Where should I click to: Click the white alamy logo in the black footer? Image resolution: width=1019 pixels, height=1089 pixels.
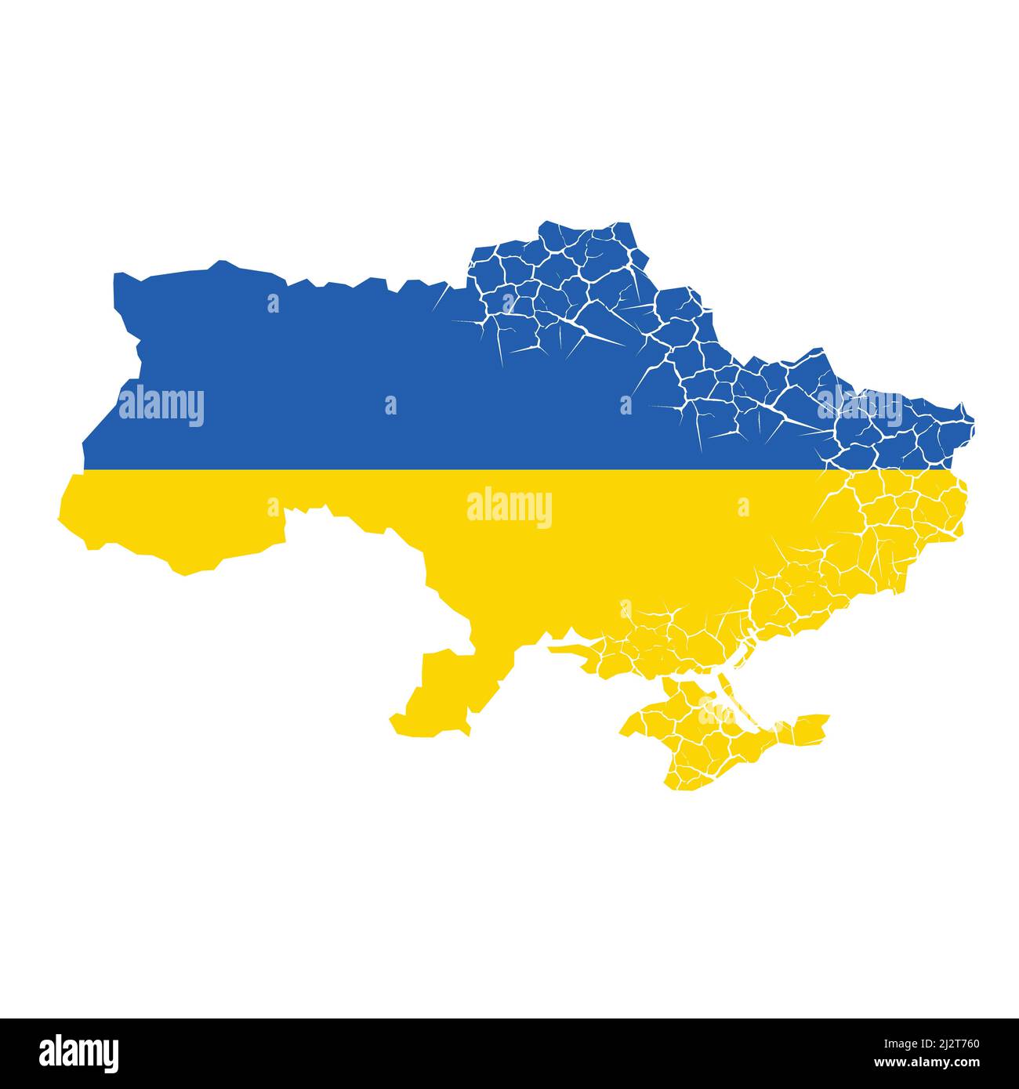click(x=80, y=1051)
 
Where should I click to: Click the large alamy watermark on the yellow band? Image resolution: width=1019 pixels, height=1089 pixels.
click(x=509, y=508)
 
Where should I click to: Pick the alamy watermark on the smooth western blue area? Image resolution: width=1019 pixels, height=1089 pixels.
click(x=161, y=406)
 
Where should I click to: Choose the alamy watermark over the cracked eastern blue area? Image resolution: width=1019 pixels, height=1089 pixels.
click(x=860, y=406)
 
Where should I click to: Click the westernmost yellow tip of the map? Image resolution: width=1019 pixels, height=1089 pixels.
click(x=61, y=517)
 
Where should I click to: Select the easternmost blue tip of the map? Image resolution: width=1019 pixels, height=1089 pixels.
click(x=973, y=419)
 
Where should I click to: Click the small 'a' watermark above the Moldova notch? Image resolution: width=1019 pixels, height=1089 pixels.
click(x=273, y=508)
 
